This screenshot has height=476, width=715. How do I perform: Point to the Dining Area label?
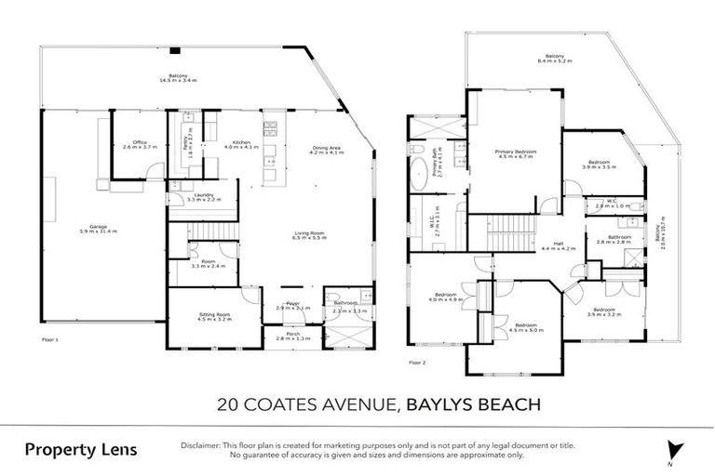click(x=326, y=150)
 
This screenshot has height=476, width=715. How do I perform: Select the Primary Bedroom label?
click(x=515, y=152)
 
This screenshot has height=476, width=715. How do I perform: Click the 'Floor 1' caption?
click(x=50, y=340)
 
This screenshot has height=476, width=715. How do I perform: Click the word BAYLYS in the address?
click(x=442, y=404)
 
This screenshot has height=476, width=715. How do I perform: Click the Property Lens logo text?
click(x=80, y=450)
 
